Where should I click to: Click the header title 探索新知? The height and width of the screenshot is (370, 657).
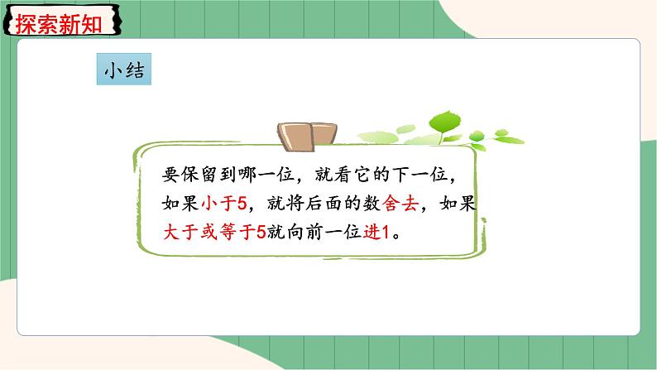[x=58, y=23]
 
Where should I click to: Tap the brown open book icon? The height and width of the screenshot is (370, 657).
[x=306, y=135]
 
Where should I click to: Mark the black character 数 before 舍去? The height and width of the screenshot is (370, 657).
[x=376, y=204]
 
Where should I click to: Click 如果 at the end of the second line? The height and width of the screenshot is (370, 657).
[x=459, y=204]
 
